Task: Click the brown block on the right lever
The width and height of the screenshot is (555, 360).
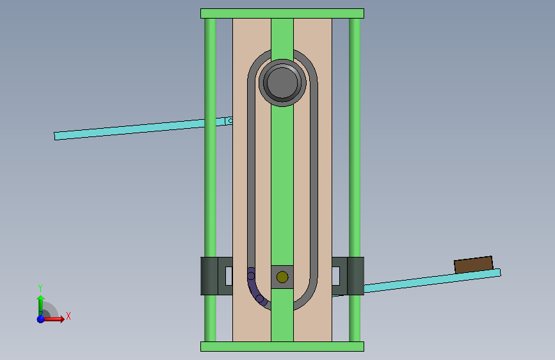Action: point(474,265)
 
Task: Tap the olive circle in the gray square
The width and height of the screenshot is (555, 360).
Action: point(282,277)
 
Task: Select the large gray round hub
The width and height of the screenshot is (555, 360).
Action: point(282,83)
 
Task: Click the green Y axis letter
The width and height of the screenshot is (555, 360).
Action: point(40,288)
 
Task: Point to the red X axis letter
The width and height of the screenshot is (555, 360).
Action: point(68,316)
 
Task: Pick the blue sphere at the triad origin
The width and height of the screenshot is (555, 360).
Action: point(41,319)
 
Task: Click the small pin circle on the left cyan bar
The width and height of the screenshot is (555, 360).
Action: point(230,121)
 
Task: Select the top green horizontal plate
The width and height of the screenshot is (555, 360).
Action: point(282,13)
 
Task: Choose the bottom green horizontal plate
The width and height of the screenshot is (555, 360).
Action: point(282,347)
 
